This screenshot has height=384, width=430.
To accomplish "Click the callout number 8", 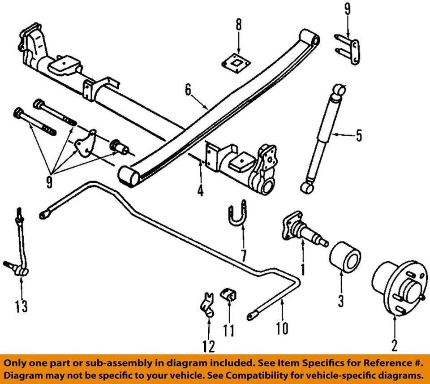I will point(239,25).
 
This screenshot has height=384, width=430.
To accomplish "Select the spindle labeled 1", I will point(303,230).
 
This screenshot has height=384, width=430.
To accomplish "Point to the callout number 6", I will point(188,90).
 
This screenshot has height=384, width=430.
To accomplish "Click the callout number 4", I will point(200,191).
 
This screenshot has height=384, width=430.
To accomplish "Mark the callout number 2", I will point(394,345).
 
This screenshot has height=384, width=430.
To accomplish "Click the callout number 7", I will point(244,255).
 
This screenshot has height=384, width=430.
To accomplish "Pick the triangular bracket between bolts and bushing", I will point(85,143).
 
